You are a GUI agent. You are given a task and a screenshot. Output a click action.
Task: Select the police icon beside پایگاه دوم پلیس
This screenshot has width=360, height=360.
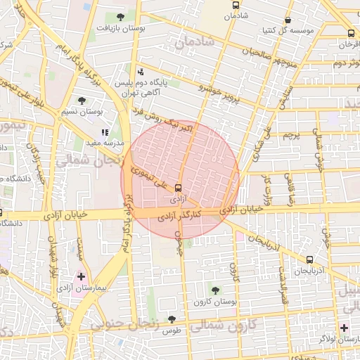(x=141, y=71)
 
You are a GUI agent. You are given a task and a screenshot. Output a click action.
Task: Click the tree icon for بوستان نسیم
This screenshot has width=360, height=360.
(x=82, y=101)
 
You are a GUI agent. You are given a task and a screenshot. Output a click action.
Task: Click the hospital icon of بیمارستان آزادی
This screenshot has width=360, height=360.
(x=82, y=276)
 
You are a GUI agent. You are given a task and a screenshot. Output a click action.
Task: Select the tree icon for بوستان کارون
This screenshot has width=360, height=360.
(x=214, y=290)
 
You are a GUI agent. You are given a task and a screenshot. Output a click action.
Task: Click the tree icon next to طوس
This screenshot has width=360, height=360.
(x=172, y=319)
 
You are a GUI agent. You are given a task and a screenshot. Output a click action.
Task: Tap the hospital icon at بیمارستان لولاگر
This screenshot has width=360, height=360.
(x=343, y=328)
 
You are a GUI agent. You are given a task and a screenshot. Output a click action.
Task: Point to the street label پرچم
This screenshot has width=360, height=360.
(x=290, y=134)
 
